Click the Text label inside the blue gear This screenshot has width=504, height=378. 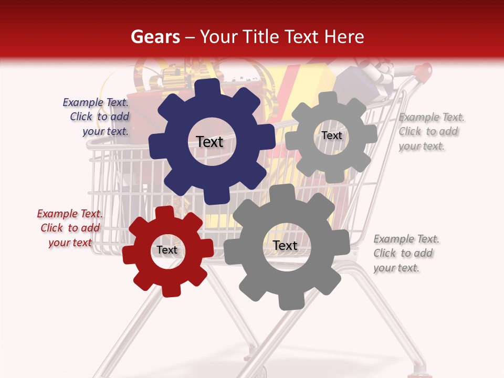tap(209, 142)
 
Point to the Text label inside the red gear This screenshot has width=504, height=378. tap(167, 250)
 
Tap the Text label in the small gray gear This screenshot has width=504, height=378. tap(331, 135)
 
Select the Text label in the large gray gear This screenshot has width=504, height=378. tap(285, 245)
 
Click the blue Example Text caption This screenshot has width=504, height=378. tap(96, 117)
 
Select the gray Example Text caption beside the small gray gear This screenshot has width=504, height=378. tap(431, 132)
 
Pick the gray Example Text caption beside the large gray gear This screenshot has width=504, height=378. tap(406, 253)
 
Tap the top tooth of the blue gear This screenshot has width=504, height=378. tap(209, 87)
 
